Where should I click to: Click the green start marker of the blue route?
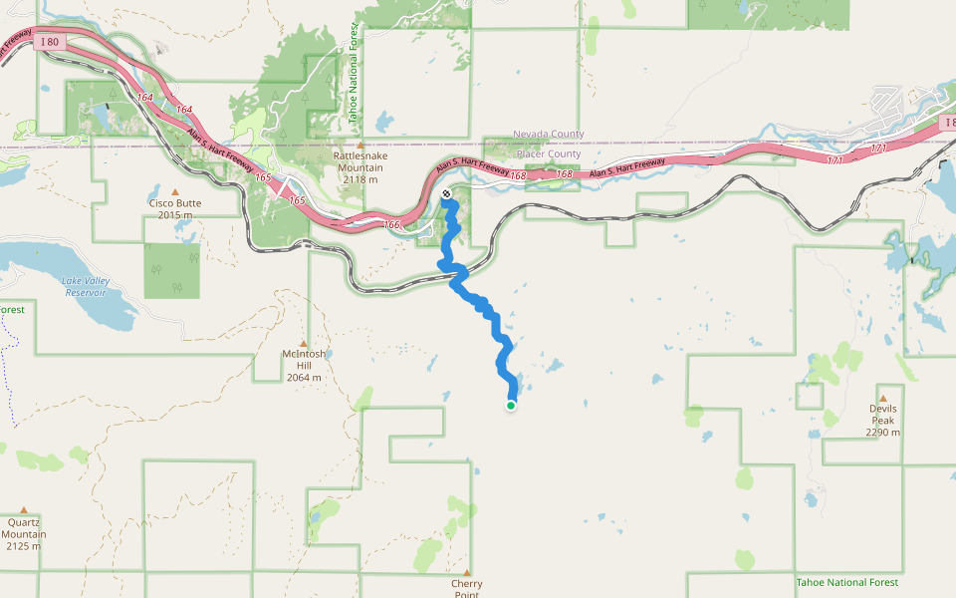point(511,406)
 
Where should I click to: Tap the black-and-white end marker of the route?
point(446,193)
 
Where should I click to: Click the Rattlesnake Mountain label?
point(360,161)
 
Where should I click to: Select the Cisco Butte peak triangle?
point(175,190)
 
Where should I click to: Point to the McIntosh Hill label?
point(304,360)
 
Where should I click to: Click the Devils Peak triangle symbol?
point(882,397)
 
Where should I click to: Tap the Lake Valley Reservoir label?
point(86,287)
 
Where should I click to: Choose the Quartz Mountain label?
point(24,527)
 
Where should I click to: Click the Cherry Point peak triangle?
point(466,572)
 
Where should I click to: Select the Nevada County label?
point(548,135)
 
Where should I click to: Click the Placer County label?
point(548,154)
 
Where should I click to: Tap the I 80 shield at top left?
point(50,43)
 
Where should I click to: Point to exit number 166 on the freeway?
point(391,225)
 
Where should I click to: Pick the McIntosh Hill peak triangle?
point(304,342)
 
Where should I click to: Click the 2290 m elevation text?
point(883,432)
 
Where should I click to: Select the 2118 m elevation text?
point(360,179)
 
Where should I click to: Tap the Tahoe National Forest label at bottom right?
point(846,582)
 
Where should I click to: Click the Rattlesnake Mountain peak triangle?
point(360,145)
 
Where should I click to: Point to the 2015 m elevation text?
point(175,214)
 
